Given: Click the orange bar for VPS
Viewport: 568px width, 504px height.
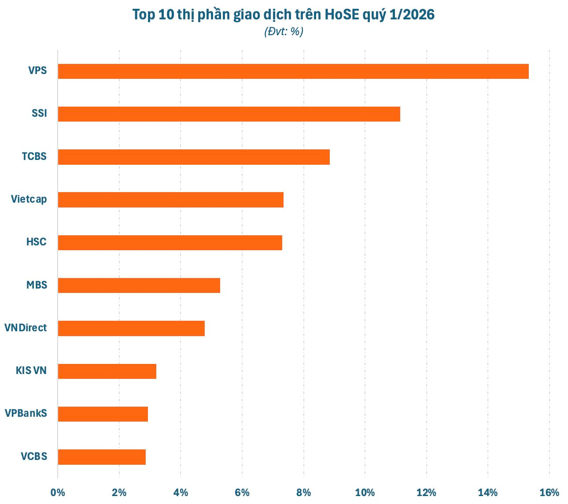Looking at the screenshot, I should click(x=293, y=71).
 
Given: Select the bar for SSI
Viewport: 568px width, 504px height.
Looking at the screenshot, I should click(x=229, y=114).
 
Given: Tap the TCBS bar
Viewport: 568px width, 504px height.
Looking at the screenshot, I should click(x=194, y=157).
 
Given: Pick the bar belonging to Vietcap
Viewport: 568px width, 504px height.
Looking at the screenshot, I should click(x=170, y=200).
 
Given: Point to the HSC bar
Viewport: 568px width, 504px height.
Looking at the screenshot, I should click(x=170, y=242).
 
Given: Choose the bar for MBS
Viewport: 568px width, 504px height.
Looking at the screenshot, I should click(x=139, y=285).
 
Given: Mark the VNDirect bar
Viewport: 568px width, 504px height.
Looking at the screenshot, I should click(x=131, y=328).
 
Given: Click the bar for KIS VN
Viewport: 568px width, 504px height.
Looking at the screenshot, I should click(x=107, y=371).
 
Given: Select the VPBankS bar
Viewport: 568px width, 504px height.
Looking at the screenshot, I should click(x=103, y=414).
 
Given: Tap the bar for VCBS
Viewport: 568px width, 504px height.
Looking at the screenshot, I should click(x=102, y=457).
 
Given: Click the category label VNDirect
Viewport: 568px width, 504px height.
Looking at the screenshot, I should click(x=26, y=328).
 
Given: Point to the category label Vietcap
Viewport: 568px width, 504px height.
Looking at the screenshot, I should click(x=29, y=200).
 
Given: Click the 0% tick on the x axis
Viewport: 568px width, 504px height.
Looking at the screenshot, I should click(x=58, y=493).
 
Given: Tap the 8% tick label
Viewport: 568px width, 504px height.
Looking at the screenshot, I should click(x=303, y=493).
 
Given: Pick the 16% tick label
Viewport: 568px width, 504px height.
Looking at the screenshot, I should click(x=549, y=493).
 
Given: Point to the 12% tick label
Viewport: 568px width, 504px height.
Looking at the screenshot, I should click(x=426, y=493).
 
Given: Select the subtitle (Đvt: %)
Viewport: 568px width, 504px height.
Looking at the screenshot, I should click(x=284, y=32).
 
